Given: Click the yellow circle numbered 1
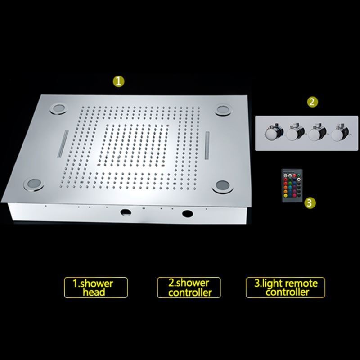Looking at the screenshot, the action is pyautogui.click(x=118, y=81).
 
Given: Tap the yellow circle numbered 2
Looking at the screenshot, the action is pyautogui.click(x=312, y=102).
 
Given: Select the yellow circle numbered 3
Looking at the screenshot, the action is pyautogui.click(x=310, y=203).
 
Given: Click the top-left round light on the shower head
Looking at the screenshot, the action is pyautogui.click(x=59, y=108).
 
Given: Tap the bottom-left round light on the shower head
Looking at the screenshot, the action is pyautogui.click(x=33, y=184).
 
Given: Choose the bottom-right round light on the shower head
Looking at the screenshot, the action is pyautogui.click(x=223, y=186).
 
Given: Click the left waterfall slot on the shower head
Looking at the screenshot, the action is pyautogui.click(x=63, y=144).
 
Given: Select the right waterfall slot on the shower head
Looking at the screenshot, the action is pyautogui.click(x=207, y=145).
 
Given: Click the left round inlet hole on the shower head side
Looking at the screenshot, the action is pyautogui.click(x=126, y=212).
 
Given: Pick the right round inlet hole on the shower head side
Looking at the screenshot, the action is pyautogui.click(x=188, y=213).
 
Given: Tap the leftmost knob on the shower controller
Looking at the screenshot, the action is pyautogui.click(x=273, y=133).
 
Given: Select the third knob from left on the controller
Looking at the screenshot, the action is pyautogui.click(x=317, y=134).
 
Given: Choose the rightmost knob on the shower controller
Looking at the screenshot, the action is pyautogui.click(x=339, y=134).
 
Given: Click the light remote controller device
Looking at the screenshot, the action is pyautogui.click(x=292, y=185).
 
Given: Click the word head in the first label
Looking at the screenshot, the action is pyautogui.click(x=94, y=292).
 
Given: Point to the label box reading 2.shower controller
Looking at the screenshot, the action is pyautogui.click(x=189, y=288).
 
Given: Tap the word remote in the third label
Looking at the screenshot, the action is pyautogui.click(x=302, y=283).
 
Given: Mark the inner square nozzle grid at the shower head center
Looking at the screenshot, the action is pyautogui.click(x=134, y=145).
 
